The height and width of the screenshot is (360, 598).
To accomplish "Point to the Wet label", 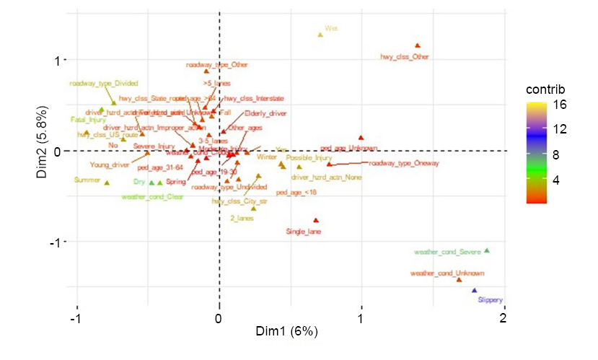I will [x=331, y=28].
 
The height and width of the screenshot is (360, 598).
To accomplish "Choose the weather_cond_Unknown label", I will [x=447, y=273].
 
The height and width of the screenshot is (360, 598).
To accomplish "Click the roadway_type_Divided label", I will [x=104, y=83].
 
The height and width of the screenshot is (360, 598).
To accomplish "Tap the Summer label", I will [x=87, y=180].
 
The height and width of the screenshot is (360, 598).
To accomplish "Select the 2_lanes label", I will [x=243, y=217].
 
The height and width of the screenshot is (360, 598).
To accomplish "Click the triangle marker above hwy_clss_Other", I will [x=417, y=45].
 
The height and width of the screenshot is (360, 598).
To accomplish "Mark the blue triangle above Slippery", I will [x=474, y=291].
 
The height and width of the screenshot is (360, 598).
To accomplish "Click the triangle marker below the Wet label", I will [x=321, y=35].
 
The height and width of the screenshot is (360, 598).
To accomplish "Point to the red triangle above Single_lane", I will [x=316, y=221].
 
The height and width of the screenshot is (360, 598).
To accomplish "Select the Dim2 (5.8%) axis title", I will [x=45, y=151].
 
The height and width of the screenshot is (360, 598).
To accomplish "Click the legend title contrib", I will [x=545, y=89].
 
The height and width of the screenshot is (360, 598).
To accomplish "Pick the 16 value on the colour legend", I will [x=560, y=105].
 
